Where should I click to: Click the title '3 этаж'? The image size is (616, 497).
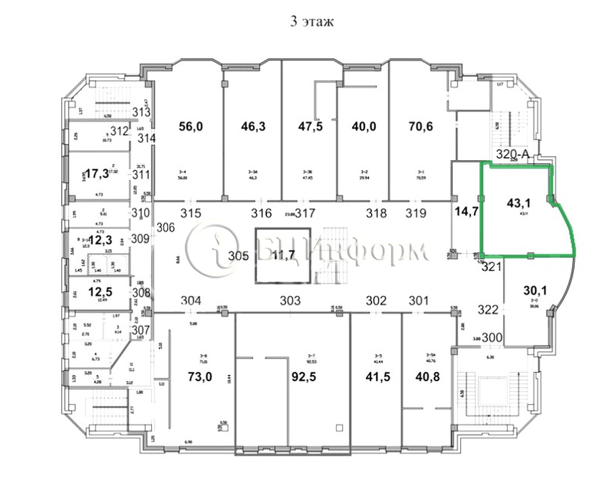pyautogui.click(x=311, y=22)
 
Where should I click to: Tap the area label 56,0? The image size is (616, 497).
pyautogui.click(x=191, y=126)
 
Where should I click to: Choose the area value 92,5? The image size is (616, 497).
pyautogui.click(x=304, y=376)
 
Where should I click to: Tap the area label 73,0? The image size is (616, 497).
pyautogui.click(x=200, y=376)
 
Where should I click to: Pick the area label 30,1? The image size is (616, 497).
pyautogui.click(x=535, y=291)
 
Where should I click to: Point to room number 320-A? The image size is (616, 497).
pyautogui.click(x=512, y=154)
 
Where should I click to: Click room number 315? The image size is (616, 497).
pyautogui.click(x=191, y=213)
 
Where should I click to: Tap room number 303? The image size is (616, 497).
pyautogui.click(x=290, y=300)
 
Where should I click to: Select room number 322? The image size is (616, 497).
pyautogui.click(x=488, y=309)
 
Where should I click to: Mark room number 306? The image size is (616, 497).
pyautogui.click(x=166, y=228)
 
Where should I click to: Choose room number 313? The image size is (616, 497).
pyautogui.click(x=141, y=112)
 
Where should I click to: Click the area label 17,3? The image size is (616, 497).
pyautogui.click(x=96, y=174)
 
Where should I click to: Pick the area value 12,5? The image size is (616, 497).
pyautogui.click(x=100, y=291)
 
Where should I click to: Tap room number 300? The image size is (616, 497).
pyautogui.click(x=492, y=338)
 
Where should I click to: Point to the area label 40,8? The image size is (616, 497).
pyautogui.click(x=427, y=376)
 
